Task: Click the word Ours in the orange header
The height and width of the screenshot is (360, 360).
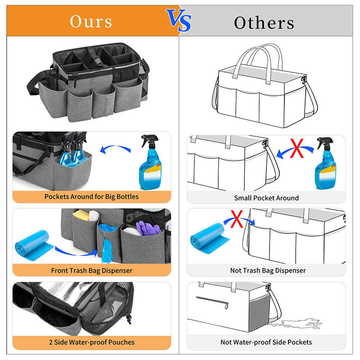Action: click(91, 22)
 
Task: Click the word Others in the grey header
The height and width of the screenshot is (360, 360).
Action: click(264, 23)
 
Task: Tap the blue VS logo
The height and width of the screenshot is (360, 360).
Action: click(179, 20)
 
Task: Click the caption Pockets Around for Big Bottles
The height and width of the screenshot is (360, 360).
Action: click(92, 197)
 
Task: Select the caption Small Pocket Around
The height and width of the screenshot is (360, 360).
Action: click(266, 198)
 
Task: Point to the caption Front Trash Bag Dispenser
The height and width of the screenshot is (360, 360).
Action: click(92, 271)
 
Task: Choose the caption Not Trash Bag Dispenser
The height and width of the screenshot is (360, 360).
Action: click(268, 270)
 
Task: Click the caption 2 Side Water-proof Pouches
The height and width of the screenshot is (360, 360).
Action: click(92, 342)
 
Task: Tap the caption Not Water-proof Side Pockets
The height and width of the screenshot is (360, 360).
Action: click(266, 342)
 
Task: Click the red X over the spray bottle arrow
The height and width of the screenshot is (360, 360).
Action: click(297, 148)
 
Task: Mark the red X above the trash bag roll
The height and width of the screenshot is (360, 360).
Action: click(237, 219)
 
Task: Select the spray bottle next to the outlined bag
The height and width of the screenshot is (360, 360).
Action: click(325, 163)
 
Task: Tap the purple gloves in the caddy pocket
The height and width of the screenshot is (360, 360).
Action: click(148, 228)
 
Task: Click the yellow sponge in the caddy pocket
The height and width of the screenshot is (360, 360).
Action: click(81, 216)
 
